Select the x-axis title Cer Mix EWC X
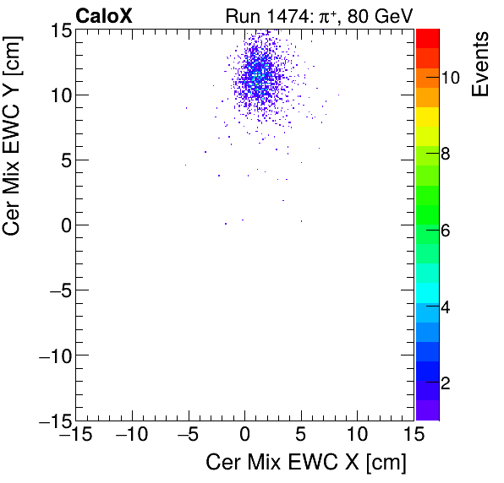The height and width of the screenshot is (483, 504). coord(306,463)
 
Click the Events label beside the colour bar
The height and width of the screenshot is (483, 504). coord(481,64)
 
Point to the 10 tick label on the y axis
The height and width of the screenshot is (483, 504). coord(57,95)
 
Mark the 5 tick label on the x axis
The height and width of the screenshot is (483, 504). coord(301,436)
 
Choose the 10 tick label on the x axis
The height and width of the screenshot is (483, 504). coord(358,436)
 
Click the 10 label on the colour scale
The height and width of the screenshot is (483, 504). coord(450,78)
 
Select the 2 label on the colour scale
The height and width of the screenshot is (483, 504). coord(446,383)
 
